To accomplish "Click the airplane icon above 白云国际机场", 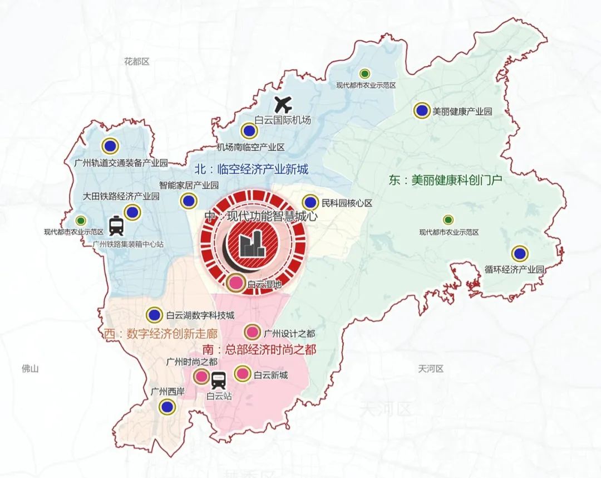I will click(x=284, y=104).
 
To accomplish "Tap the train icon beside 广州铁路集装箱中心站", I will click(x=116, y=226).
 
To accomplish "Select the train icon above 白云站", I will click(x=218, y=381).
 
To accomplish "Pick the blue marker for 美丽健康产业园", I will click(x=422, y=110).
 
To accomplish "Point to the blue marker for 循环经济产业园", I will click(x=520, y=253).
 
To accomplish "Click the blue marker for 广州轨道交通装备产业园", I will click(x=110, y=146).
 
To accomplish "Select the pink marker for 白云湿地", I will click(x=235, y=282).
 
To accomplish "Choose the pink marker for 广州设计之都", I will click(x=252, y=333).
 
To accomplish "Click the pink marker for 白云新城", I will click(x=242, y=374).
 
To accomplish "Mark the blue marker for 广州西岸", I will click(x=166, y=407).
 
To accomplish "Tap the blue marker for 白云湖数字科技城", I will click(x=154, y=315).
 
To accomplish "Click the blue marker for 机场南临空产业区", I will click(x=249, y=131).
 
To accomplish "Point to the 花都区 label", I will click(x=137, y=61).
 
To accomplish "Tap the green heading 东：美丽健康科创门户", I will click(x=445, y=181).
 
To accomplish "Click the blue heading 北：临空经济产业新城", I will click(x=250, y=169).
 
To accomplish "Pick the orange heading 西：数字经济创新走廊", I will click(x=160, y=334).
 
